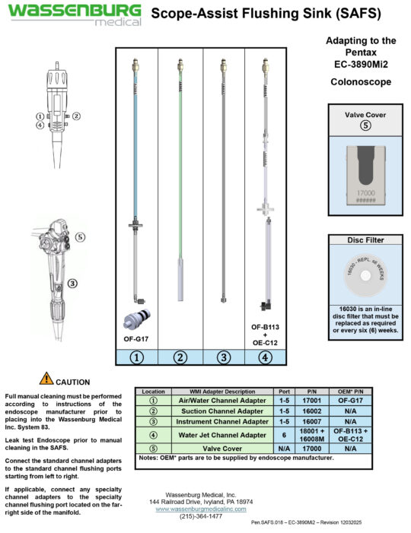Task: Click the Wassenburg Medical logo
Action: click(74, 14)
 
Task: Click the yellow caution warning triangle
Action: click(46, 379)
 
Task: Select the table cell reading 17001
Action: click(311, 400)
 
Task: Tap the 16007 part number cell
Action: click(311, 421)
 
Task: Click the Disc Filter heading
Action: click(364, 240)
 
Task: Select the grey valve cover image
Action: click(364, 173)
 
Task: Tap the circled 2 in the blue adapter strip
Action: click(180, 356)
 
